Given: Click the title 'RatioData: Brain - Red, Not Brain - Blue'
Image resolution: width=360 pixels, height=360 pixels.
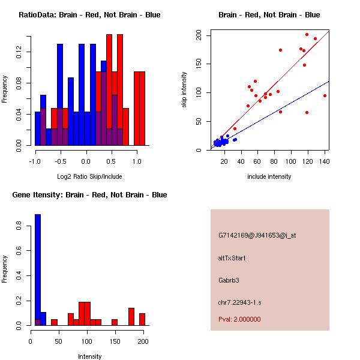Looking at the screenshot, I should point(89,15).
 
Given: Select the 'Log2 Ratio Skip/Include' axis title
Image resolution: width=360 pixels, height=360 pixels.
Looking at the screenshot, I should point(89,176).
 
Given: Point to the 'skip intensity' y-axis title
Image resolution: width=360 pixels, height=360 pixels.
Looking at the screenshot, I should point(184,90).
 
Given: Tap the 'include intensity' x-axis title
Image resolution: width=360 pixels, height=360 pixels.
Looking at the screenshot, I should point(269,176).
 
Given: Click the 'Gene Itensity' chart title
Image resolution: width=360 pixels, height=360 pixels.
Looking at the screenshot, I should point(89,195).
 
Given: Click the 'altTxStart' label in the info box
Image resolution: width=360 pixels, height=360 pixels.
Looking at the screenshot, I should point(232,258).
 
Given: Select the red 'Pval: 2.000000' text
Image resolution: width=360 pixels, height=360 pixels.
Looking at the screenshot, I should point(240,319).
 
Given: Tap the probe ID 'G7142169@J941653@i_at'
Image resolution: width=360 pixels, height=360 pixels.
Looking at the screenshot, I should point(257,235).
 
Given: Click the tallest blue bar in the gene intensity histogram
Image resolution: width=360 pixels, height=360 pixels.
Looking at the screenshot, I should point(37,270).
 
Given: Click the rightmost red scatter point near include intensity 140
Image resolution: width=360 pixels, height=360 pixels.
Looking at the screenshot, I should point(325,95).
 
